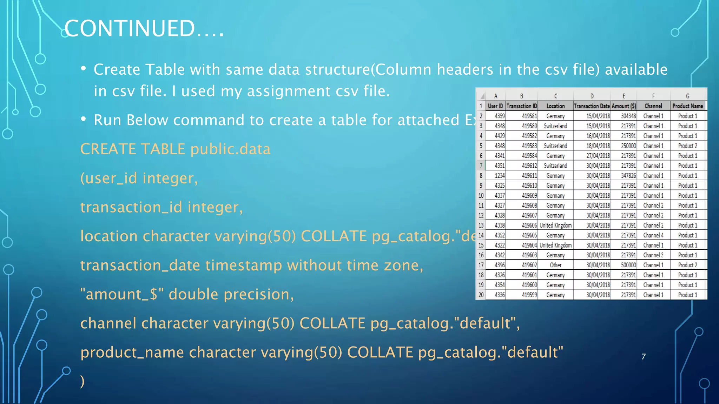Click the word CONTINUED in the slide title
tap(129, 28)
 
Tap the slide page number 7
tap(643, 357)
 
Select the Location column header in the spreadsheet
tap(555, 106)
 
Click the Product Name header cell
tap(687, 106)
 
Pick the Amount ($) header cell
tap(624, 106)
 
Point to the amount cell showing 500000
tap(628, 265)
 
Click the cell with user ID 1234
tap(499, 176)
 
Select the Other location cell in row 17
tap(555, 265)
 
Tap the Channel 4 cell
tap(653, 235)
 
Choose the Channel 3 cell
tap(653, 255)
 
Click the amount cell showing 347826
tap(628, 176)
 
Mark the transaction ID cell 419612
tap(529, 166)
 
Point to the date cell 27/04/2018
tap(598, 156)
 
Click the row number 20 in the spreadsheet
tap(481, 295)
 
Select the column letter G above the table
tap(687, 96)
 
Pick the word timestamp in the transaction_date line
tap(243, 265)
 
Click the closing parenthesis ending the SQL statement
tap(82, 381)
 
